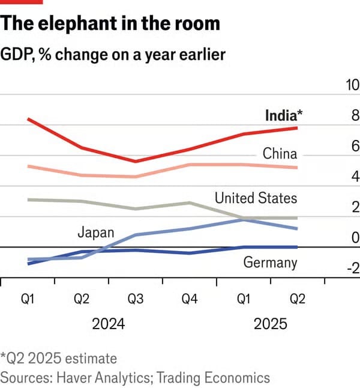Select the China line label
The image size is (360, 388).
pos(280,154)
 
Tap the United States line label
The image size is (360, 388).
pos(256,198)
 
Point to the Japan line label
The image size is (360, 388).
pos(95,232)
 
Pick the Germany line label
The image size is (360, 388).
pos(270,262)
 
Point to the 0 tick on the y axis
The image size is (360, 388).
pos(355,238)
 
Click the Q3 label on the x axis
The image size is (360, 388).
pos(136,300)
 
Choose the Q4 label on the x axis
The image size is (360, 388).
pos(190,300)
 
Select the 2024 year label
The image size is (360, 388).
pos(108,324)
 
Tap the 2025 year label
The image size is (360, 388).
pos(270,324)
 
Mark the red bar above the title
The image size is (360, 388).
pos(22,2)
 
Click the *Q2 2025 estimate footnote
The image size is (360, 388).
pos(59,359)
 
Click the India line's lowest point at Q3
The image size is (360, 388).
pos(136,161)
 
